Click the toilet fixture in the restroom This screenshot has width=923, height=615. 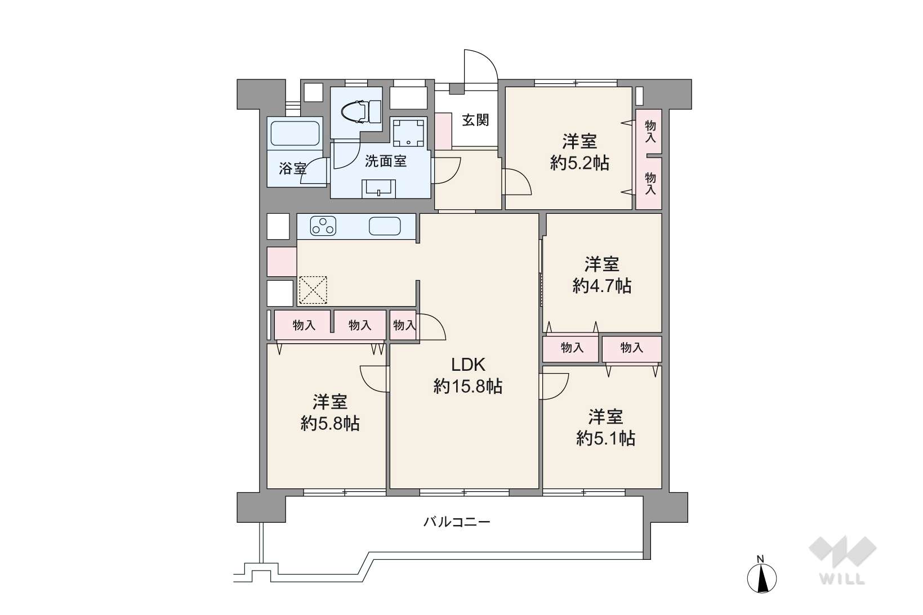pyautogui.click(x=362, y=111)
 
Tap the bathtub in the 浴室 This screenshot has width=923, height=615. pyautogui.click(x=295, y=133)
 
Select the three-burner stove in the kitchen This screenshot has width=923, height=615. pyautogui.click(x=323, y=226)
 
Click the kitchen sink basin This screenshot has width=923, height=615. pyautogui.click(x=385, y=226)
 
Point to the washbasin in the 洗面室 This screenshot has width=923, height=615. pyautogui.click(x=378, y=189)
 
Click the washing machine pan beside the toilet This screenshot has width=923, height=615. pyautogui.click(x=408, y=133)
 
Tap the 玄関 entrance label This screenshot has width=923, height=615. pyautogui.click(x=475, y=120)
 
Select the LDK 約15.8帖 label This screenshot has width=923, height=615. pyautogui.click(x=467, y=375)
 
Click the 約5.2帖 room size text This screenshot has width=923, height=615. pyautogui.click(x=579, y=163)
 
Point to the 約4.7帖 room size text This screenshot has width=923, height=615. pyautogui.click(x=602, y=285)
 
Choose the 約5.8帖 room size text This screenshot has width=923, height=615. pyautogui.click(x=330, y=423)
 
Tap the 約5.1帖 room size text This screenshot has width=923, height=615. pyautogui.click(x=605, y=438)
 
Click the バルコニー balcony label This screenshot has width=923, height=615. pyautogui.click(x=457, y=522)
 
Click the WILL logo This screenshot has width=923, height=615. pyautogui.click(x=842, y=560)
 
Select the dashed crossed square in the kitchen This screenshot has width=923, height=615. pyautogui.click(x=313, y=290)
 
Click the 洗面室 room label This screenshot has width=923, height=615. pyautogui.click(x=386, y=161)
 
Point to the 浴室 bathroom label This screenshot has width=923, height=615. pyautogui.click(x=293, y=168)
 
